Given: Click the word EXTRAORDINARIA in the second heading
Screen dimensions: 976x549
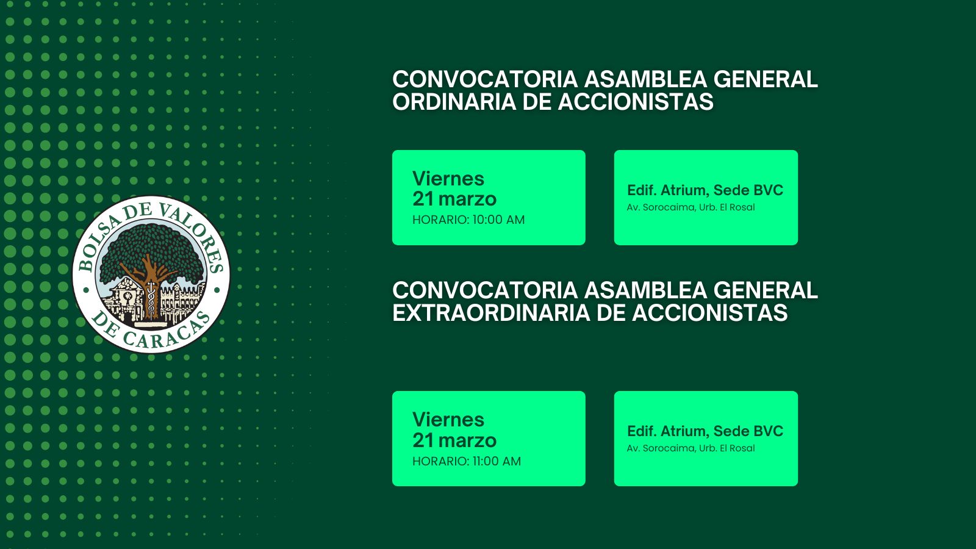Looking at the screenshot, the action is (x=491, y=313).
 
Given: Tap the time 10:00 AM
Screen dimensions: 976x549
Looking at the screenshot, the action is (x=498, y=220).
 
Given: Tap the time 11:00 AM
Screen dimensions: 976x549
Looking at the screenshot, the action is (x=497, y=461).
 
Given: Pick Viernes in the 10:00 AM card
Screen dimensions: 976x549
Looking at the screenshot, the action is (x=448, y=179).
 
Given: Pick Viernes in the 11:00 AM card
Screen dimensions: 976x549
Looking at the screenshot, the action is (x=448, y=420).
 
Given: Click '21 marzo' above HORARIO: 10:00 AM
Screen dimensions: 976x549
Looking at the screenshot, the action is (x=454, y=199).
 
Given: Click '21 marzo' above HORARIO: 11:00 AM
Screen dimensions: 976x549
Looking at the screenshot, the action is (x=454, y=440).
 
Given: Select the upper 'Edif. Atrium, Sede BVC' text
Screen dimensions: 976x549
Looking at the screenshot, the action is (x=705, y=190).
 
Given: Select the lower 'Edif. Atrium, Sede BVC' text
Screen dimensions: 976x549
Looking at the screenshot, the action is (x=705, y=431).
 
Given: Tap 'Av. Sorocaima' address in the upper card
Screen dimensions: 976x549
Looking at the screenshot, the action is (x=661, y=207).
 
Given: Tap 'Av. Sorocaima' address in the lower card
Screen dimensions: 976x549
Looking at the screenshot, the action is (x=661, y=448).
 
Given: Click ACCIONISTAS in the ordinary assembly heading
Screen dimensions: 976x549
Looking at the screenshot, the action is (x=636, y=102).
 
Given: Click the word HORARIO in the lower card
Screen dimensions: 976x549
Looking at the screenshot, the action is (x=440, y=461).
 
